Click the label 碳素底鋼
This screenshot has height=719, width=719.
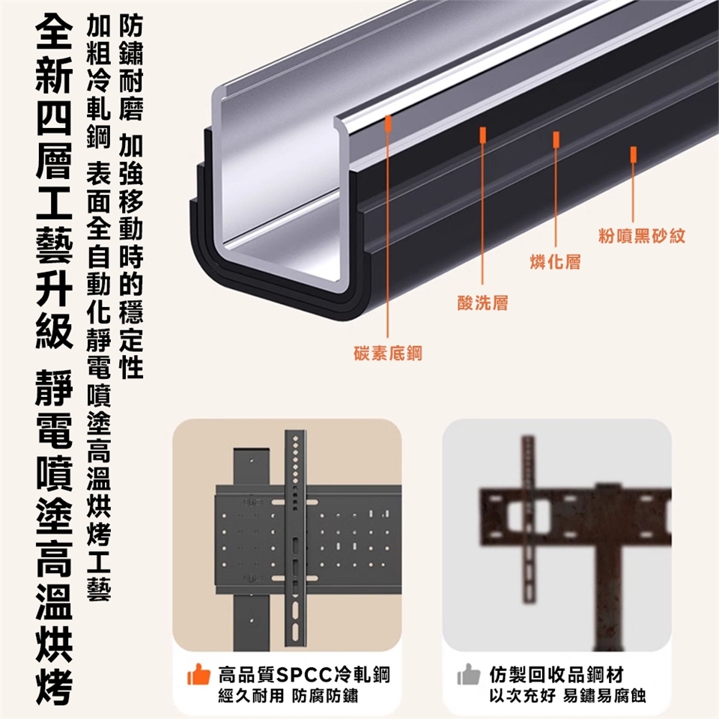388,353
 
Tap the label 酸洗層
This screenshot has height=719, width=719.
483,303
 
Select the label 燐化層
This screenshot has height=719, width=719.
555,261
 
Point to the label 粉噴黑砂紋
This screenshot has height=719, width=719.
642,236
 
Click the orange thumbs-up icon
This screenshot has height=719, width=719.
198,675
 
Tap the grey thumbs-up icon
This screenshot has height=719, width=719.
469,675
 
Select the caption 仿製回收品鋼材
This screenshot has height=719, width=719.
556,675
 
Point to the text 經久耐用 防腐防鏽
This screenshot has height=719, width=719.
288,696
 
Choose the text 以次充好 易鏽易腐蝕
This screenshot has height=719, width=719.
568,696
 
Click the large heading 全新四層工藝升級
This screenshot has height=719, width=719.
54,183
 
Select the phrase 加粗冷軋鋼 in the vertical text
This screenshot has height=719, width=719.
99,81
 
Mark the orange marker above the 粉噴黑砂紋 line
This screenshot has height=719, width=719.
634,155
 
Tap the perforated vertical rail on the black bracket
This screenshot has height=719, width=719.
296,538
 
